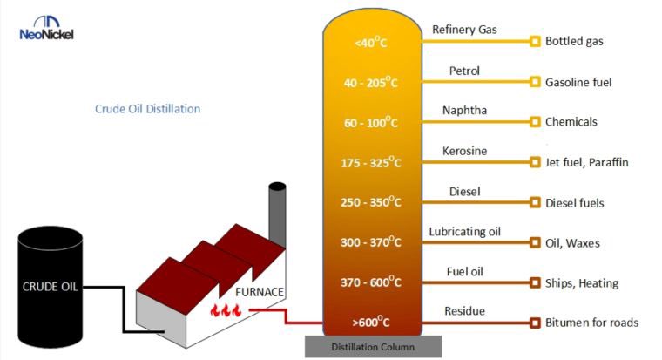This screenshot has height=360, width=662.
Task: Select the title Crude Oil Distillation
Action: point(147,109)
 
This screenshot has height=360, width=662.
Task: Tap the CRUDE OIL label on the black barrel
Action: point(51,287)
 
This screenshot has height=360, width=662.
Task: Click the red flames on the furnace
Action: point(225,309)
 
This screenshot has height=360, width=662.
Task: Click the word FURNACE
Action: point(260,291)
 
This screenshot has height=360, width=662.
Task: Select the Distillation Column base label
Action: point(373,347)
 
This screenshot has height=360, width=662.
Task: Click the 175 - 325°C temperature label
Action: point(370,162)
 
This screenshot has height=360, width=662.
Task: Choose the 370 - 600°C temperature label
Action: point(370,282)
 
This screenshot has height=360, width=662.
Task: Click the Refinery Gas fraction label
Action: point(465,31)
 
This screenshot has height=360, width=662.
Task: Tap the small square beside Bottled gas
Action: point(535,41)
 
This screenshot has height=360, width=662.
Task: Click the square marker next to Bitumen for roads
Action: point(535,323)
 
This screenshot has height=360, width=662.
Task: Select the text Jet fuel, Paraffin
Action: point(586,162)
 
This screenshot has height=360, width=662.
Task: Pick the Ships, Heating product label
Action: point(581,282)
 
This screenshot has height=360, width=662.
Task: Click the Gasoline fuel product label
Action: point(578,82)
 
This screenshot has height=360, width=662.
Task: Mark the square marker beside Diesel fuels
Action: point(535,203)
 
